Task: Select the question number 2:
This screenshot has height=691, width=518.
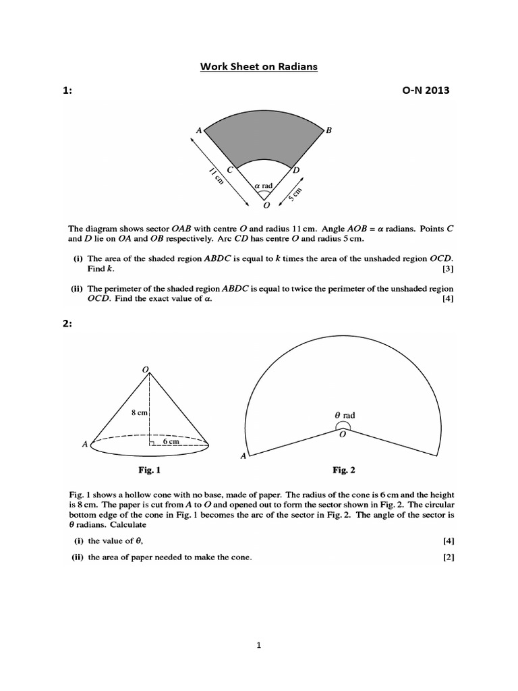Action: click(x=67, y=324)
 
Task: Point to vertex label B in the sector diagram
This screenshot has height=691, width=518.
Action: click(x=328, y=130)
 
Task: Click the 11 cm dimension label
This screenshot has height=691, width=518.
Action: click(x=216, y=177)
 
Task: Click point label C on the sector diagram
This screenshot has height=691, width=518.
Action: click(x=230, y=170)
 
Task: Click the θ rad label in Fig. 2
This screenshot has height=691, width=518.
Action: click(x=345, y=416)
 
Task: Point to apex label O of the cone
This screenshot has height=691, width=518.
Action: click(x=144, y=368)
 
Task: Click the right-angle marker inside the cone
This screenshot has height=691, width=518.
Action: click(x=153, y=443)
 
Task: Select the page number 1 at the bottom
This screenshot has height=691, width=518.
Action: click(x=258, y=645)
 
